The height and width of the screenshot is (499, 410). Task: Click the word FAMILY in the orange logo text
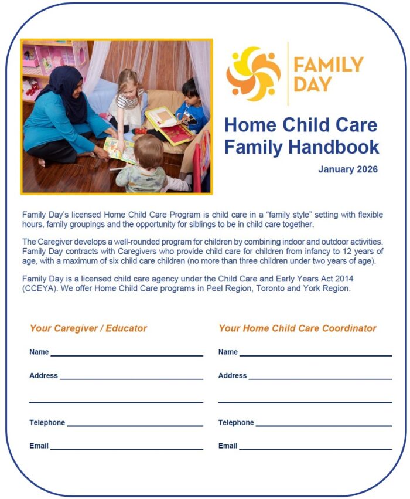coord(328,64)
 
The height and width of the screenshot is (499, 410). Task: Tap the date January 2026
coord(348,169)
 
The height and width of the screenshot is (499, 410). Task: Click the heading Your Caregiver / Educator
coord(88,328)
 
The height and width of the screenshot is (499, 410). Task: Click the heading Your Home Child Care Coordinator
coord(298,328)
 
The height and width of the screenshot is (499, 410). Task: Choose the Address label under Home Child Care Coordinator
coord(233,376)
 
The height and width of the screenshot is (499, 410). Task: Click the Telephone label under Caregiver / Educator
coord(47,423)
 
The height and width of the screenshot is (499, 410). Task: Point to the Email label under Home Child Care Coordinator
coord(228,446)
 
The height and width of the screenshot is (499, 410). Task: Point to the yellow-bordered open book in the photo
coord(170,124)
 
